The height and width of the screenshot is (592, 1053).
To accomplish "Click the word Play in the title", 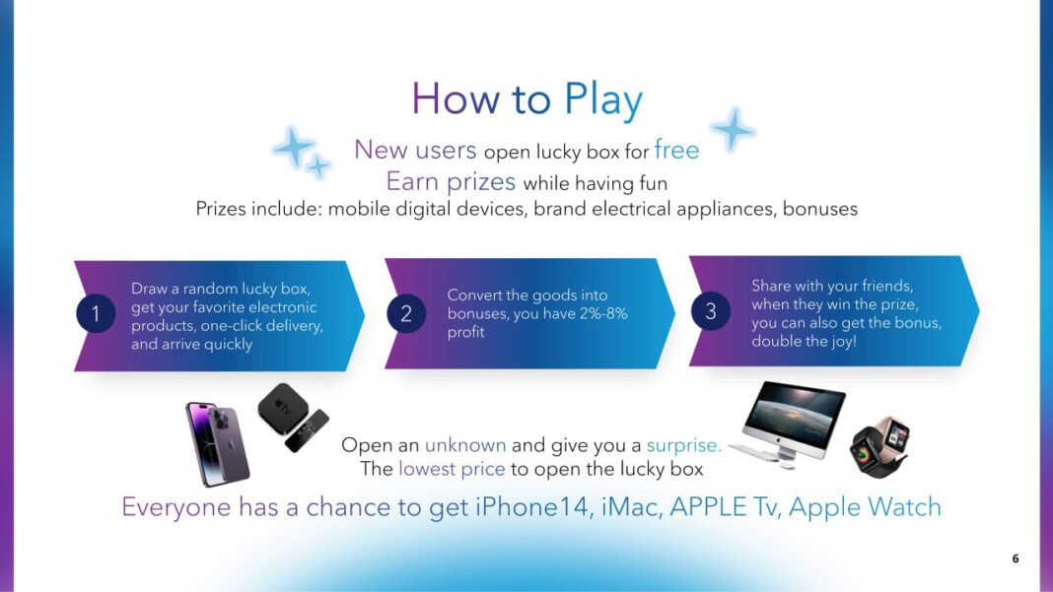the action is [x=602, y=100].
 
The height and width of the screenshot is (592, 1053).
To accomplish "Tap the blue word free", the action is [x=676, y=150].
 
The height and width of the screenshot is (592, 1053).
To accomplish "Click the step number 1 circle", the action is [x=96, y=313].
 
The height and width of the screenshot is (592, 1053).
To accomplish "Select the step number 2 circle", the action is [x=405, y=313].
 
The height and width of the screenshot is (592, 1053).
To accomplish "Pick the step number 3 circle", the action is [x=710, y=310].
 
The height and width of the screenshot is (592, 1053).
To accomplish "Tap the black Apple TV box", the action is [x=283, y=408].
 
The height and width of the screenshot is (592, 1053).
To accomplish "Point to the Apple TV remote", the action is [x=307, y=430].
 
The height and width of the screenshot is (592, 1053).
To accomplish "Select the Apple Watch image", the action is [x=879, y=446].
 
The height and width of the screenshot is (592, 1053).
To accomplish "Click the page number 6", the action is [x=1016, y=559].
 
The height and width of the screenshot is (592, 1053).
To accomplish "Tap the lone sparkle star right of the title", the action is [x=733, y=129].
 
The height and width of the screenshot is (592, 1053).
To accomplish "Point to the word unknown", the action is [x=465, y=445].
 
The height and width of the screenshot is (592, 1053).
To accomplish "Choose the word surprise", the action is [x=683, y=445].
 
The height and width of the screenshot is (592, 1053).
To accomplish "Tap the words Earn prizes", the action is [x=451, y=182].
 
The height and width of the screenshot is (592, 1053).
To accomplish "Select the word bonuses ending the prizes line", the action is [x=820, y=209].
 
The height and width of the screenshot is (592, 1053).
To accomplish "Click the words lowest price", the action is [x=452, y=469].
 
